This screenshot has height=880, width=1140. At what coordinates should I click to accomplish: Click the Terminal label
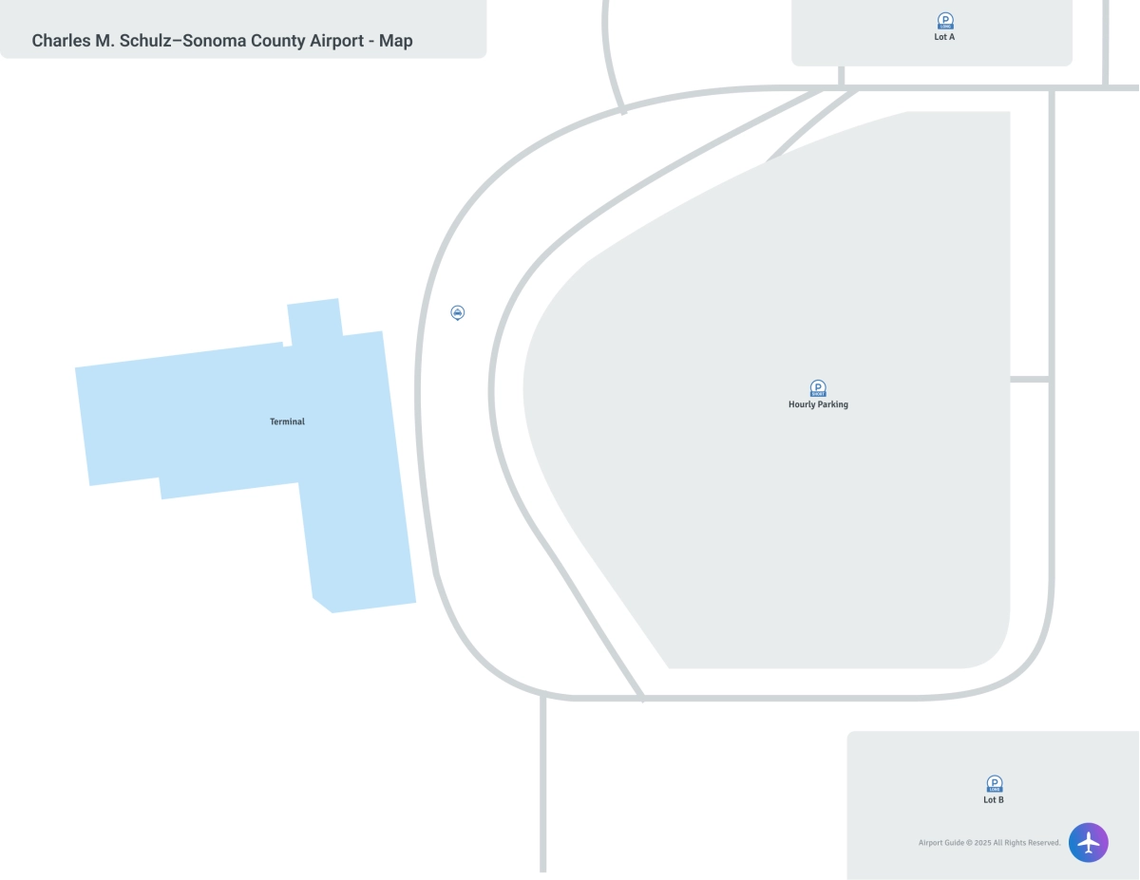pos(287,421)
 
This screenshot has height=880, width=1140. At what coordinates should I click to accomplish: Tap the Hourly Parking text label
pos(818,404)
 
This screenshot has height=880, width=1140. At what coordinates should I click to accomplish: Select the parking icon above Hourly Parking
pos(818,387)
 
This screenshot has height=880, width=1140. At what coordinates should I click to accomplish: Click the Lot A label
pos(944,37)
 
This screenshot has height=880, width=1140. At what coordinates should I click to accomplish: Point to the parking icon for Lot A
pos(945,20)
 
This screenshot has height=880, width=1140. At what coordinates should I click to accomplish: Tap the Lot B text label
pos(994,800)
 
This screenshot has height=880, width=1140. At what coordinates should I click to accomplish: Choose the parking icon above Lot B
pos(995,783)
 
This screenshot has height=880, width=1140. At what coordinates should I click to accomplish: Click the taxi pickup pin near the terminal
pos(458,312)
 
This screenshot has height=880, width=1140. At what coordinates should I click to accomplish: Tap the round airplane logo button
pos(1089,842)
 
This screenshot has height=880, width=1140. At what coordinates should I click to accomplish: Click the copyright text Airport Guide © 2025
pos(959,843)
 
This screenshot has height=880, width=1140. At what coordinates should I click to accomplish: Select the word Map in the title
pos(396,41)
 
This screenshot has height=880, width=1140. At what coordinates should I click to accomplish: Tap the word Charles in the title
pos(59,41)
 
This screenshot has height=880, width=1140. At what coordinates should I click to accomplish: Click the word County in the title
pos(279,41)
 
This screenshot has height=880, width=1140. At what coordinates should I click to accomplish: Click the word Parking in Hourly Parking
pos(831,404)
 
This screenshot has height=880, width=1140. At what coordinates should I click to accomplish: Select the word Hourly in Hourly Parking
pos(802,404)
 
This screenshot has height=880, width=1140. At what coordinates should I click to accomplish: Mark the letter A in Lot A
pos(951,37)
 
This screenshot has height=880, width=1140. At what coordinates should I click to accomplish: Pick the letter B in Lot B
pos(1000,800)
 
